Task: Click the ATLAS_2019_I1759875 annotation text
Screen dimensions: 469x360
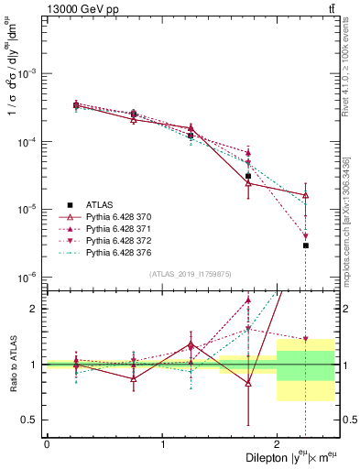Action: pos(191,273)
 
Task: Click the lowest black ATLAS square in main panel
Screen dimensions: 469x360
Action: pos(306,245)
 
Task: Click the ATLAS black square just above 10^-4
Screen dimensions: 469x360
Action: pos(191,136)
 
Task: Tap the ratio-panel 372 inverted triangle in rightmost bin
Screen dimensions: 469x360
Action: pos(306,339)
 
